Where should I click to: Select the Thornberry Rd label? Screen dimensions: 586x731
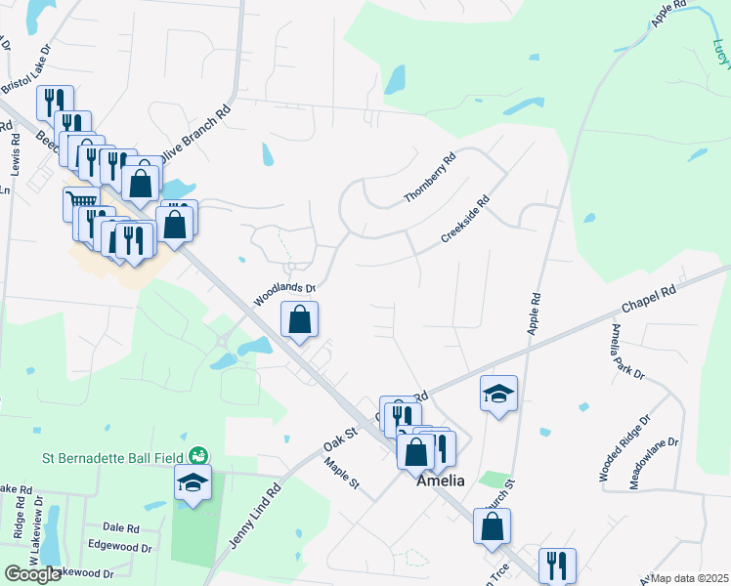pyautogui.click(x=431, y=178)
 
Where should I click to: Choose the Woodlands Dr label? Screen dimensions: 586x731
pyautogui.click(x=286, y=294)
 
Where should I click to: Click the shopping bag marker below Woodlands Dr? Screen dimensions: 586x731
pyautogui.click(x=299, y=318)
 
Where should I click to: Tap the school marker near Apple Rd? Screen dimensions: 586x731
pyautogui.click(x=498, y=393)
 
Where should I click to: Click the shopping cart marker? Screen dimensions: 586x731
pyautogui.click(x=80, y=204)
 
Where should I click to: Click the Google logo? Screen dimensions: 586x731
pyautogui.click(x=33, y=574)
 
